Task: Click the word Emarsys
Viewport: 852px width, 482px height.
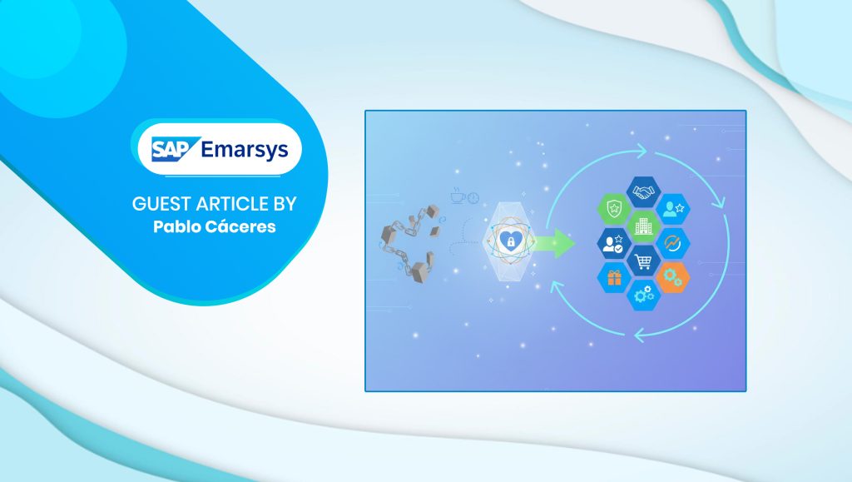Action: click(x=244, y=150)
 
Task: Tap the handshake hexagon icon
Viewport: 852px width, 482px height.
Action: click(x=643, y=191)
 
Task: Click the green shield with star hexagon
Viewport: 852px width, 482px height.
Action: click(x=614, y=209)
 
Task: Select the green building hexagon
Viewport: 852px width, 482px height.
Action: click(x=643, y=226)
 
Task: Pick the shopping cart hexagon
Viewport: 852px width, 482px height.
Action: click(x=643, y=261)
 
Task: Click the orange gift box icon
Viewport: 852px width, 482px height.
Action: click(x=614, y=278)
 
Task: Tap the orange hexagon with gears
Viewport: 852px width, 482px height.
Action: click(x=672, y=278)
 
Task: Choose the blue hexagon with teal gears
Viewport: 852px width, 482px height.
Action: click(x=643, y=295)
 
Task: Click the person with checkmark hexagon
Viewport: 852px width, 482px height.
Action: click(x=614, y=243)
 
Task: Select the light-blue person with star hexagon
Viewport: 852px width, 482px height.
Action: click(x=672, y=209)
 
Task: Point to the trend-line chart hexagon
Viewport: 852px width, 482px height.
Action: click(x=672, y=243)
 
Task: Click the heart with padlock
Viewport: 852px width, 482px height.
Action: click(x=510, y=241)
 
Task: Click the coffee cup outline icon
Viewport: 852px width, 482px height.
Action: click(x=458, y=196)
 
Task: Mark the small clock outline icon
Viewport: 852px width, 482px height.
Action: click(x=473, y=198)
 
